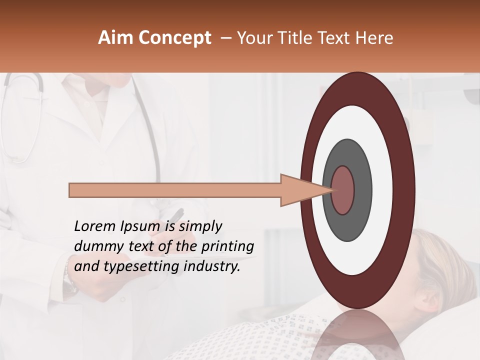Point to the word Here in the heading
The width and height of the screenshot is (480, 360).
[374, 38]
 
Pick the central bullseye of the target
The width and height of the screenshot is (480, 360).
[343, 190]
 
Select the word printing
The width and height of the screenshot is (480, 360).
[227, 247]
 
